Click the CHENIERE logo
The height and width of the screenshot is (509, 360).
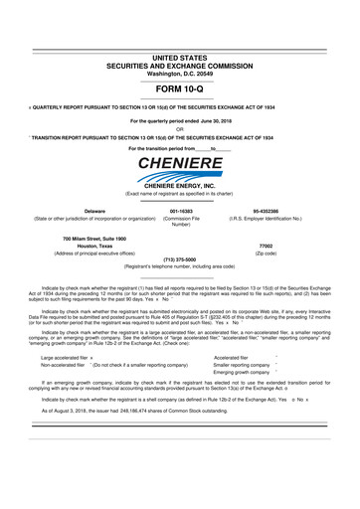click(180, 162)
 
